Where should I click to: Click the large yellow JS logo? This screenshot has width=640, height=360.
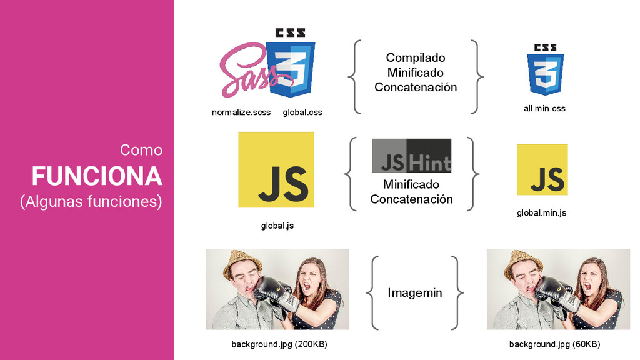[276, 169]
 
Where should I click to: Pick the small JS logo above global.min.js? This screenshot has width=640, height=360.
[542, 169]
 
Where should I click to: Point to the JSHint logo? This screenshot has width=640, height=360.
[411, 156]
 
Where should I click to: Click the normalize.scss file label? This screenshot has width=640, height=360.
[241, 112]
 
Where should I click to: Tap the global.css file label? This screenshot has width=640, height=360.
[302, 112]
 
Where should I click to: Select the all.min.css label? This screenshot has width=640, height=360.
[544, 108]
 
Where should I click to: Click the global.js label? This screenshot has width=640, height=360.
[277, 226]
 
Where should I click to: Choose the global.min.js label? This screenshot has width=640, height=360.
[541, 212]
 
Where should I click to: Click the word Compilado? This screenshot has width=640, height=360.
[416, 58]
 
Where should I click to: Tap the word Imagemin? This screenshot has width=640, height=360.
[415, 292]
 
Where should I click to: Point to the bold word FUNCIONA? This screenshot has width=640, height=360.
[97, 177]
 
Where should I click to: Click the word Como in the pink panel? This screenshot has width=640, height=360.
[141, 150]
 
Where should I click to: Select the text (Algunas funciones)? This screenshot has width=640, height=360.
[91, 202]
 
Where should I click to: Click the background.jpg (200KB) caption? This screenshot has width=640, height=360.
[279, 344]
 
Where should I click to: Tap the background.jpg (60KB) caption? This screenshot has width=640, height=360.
[554, 344]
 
